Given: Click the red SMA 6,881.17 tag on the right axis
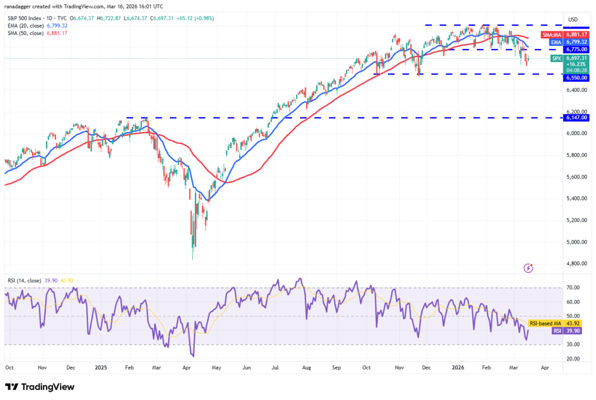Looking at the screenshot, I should coord(564,35).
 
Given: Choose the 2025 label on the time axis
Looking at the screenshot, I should coord(101,368).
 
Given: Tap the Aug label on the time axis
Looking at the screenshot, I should coord(307,368).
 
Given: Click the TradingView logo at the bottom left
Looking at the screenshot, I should coord(40,387).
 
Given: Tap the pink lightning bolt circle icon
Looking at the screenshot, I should coord(528,268).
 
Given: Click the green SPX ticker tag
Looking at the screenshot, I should coord(557,58).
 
